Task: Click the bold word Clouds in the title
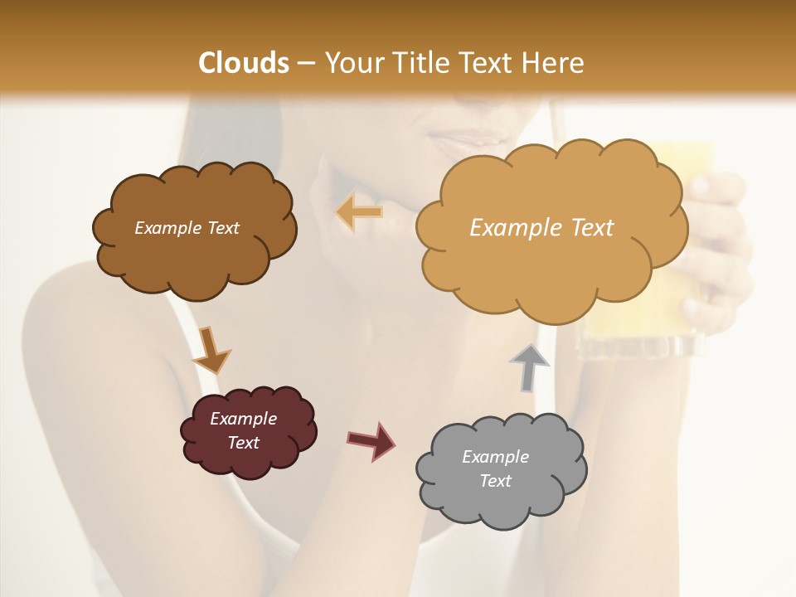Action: (x=244, y=63)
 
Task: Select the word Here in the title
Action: (x=555, y=63)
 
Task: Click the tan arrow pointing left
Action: (x=360, y=212)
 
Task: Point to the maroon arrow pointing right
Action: (x=371, y=440)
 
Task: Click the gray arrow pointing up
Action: (x=530, y=366)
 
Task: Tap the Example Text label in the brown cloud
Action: (x=187, y=228)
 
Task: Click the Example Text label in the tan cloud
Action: (x=541, y=228)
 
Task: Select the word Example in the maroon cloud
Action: (x=243, y=419)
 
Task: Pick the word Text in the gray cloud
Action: (x=495, y=481)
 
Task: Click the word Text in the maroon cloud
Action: (x=243, y=443)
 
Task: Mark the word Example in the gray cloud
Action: (x=495, y=457)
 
